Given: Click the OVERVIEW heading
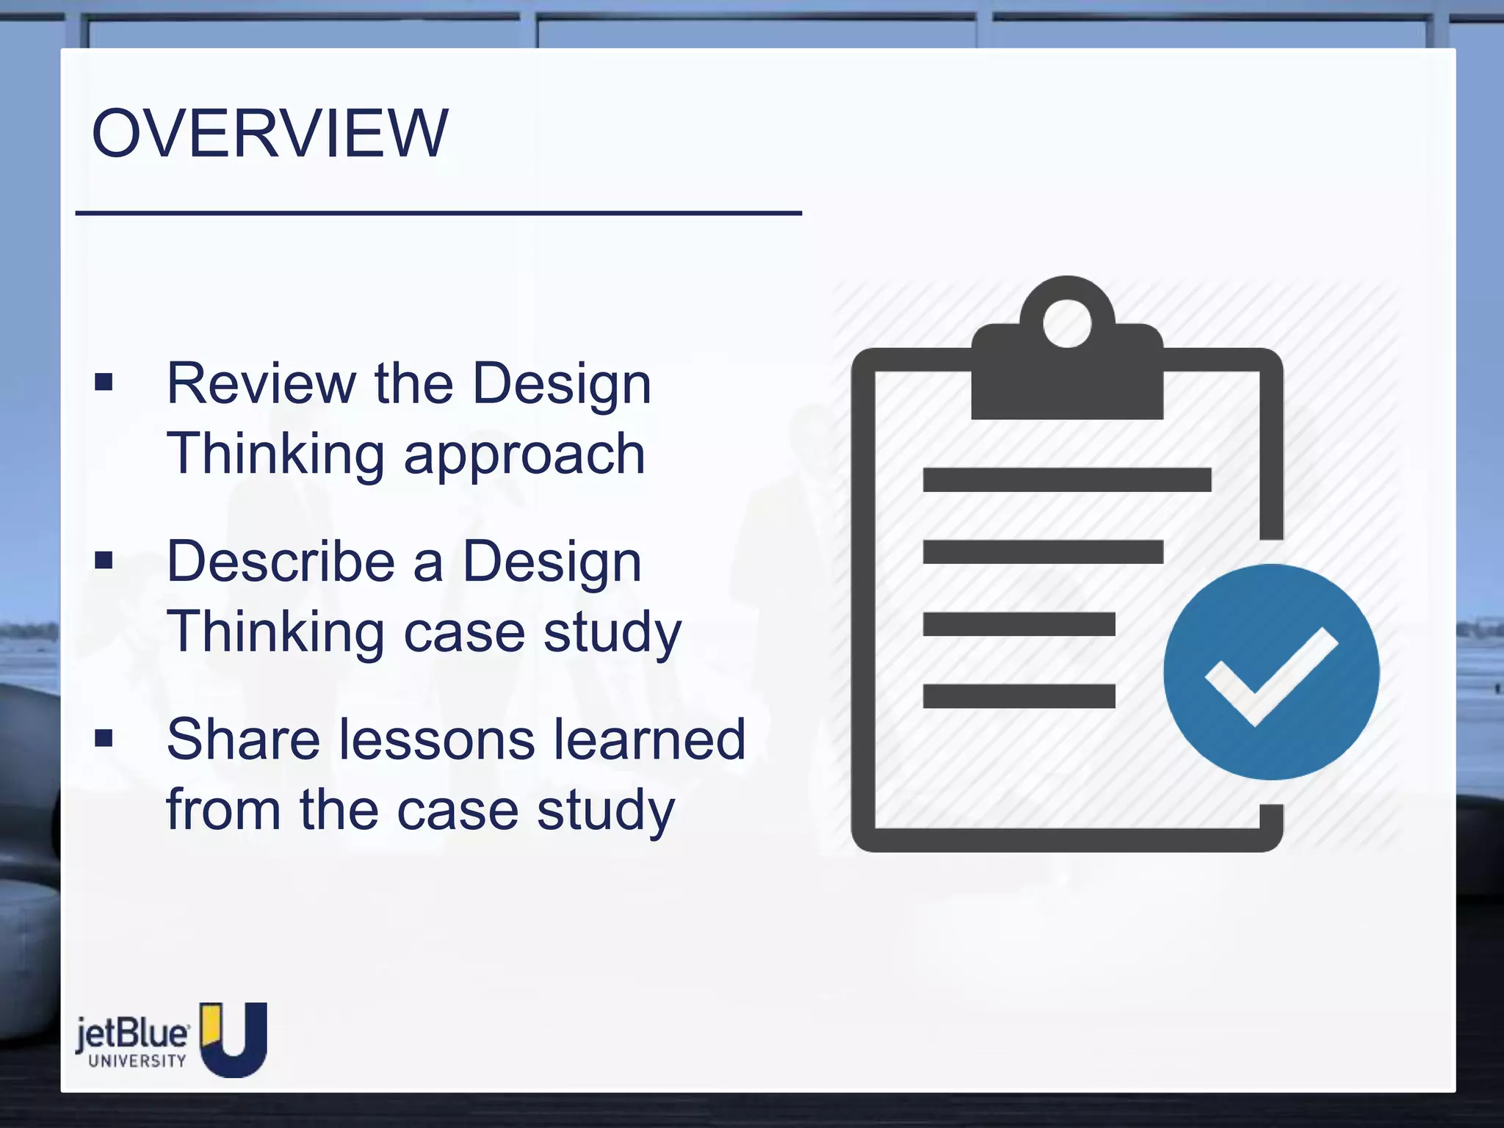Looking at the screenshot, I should click(270, 133).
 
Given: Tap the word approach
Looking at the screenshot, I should click(524, 455).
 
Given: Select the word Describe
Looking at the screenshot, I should click(281, 562).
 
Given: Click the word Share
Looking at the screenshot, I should click(242, 740).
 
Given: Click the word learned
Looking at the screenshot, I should click(649, 740).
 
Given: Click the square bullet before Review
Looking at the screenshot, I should click(104, 382).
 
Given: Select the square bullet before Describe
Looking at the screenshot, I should click(104, 561).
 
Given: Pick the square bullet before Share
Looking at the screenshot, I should click(104, 738).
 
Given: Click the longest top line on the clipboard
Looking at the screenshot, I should click(1066, 480).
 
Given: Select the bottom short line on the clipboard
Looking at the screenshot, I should click(1019, 695).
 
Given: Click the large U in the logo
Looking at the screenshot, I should click(234, 1038).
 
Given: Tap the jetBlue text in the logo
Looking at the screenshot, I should click(132, 1034).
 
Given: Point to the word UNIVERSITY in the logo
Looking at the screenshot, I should click(137, 1061).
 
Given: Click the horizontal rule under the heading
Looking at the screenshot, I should click(438, 213).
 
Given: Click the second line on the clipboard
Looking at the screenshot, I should click(1043, 552).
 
